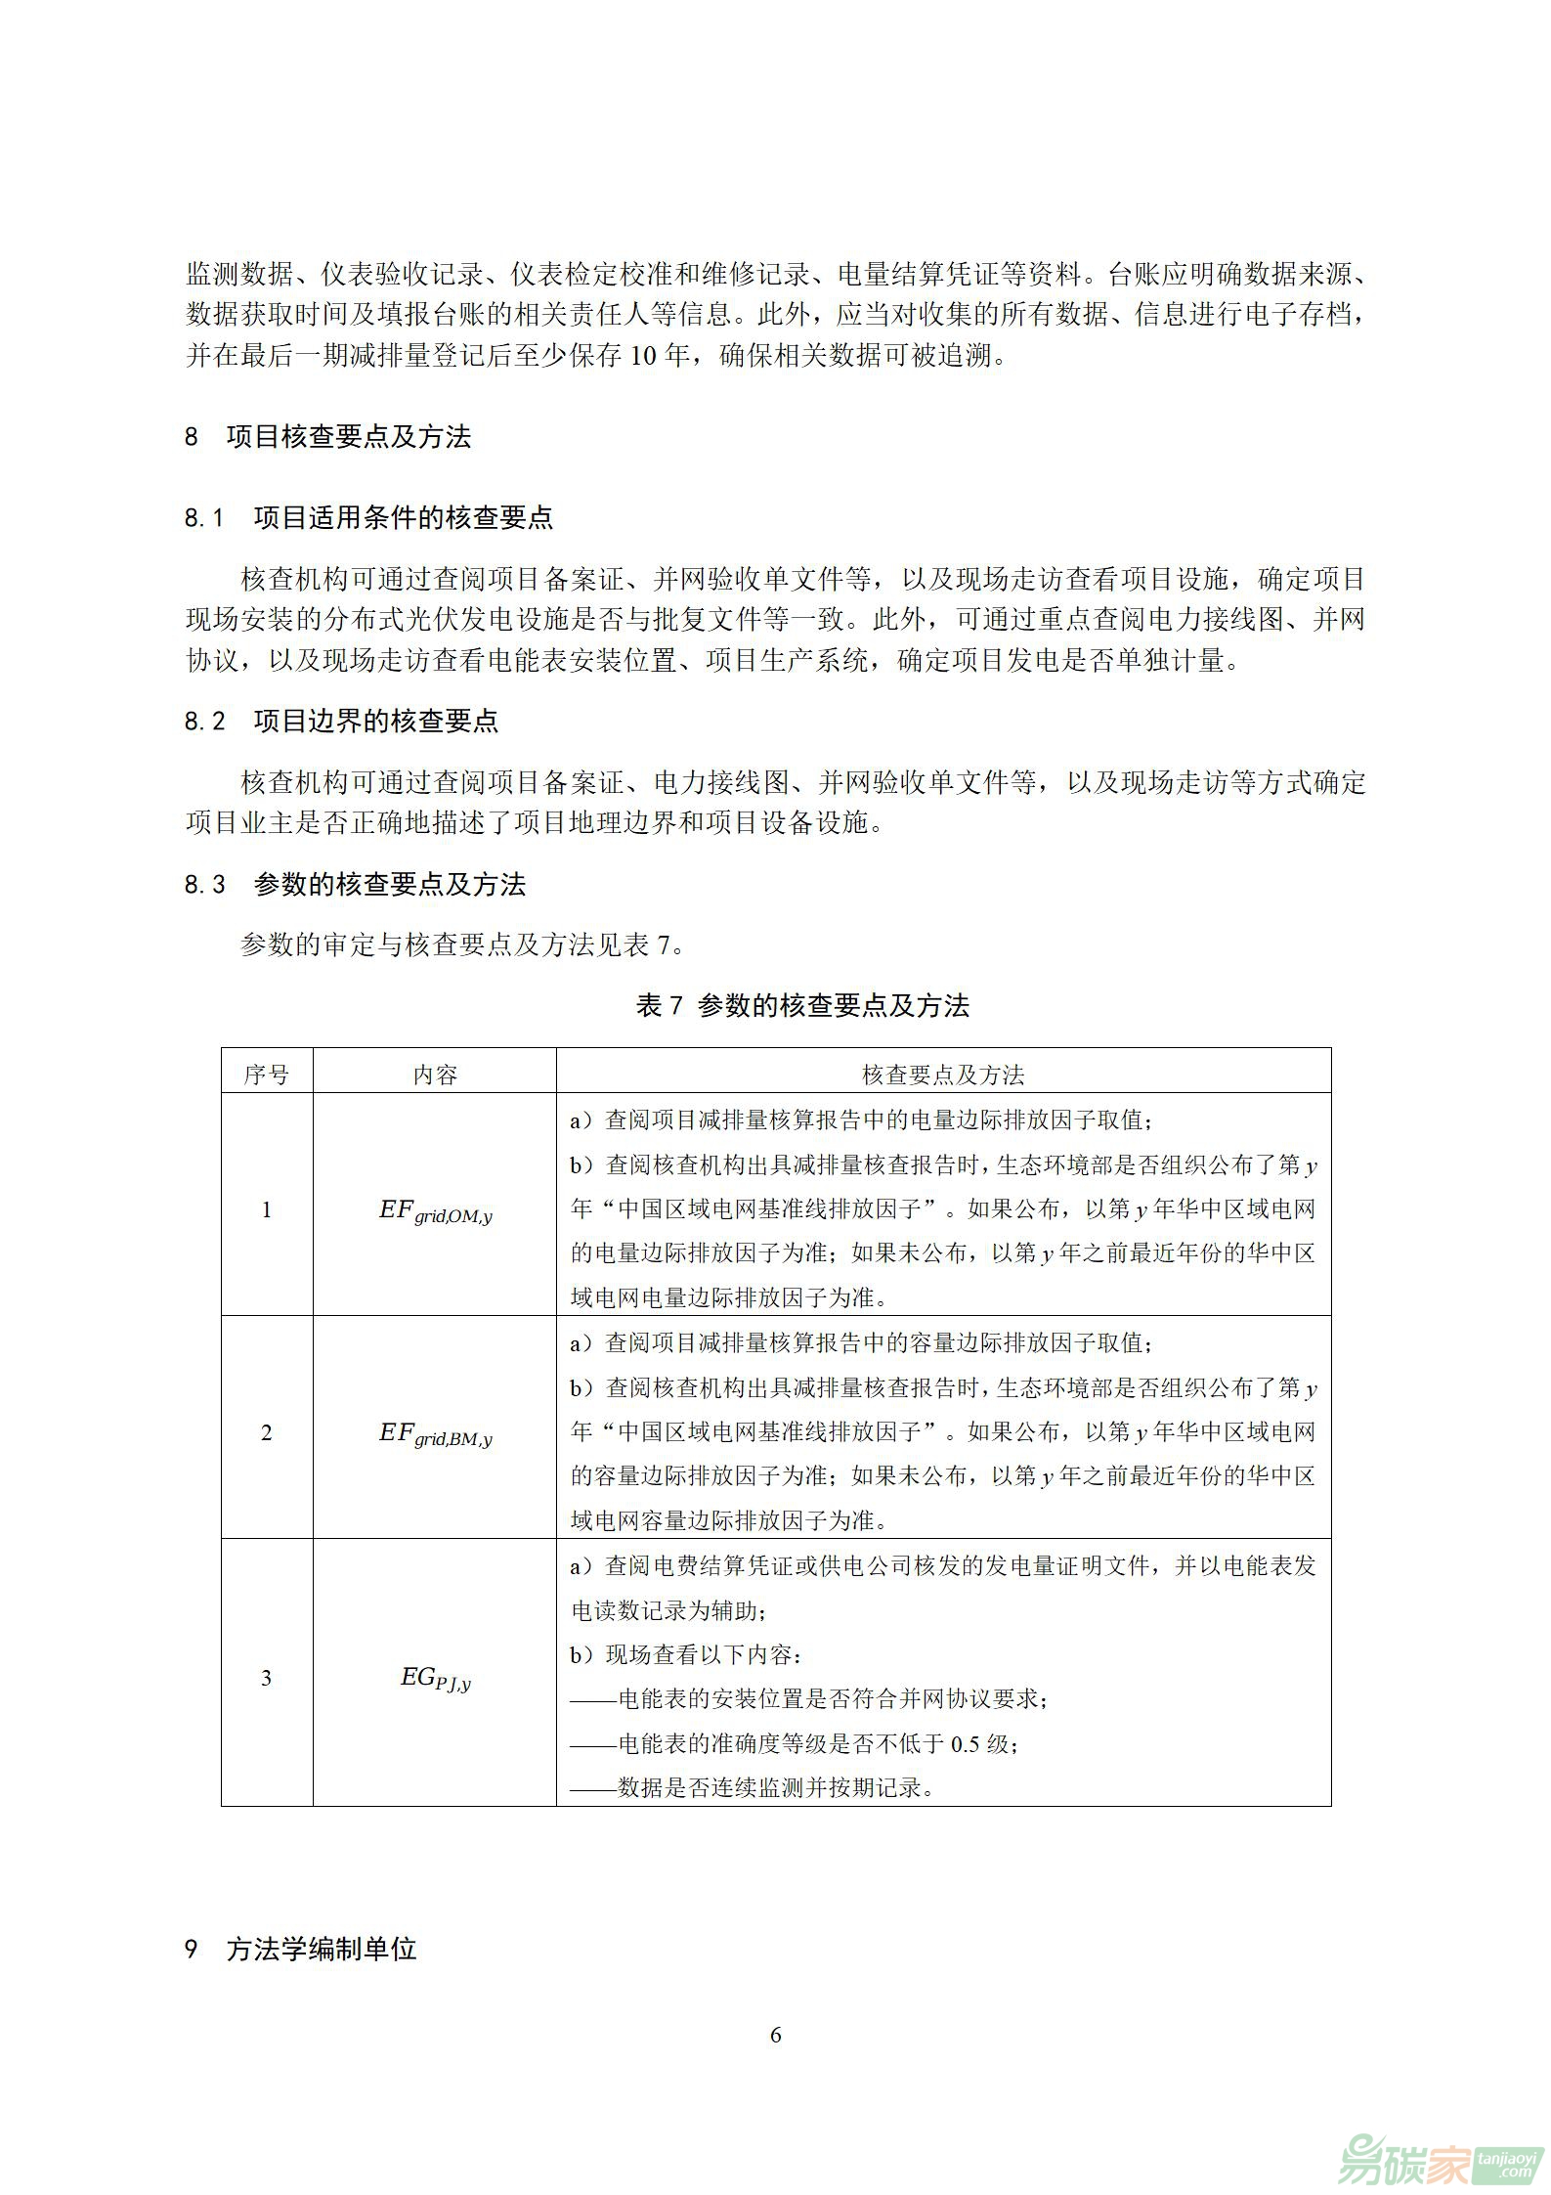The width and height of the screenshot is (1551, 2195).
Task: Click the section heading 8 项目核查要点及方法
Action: coord(328,436)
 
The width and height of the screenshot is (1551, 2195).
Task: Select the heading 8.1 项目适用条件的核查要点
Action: coord(369,517)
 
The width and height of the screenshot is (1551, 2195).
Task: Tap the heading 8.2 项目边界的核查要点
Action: coord(342,722)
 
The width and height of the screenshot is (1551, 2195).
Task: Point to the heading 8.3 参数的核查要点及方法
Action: coord(356,885)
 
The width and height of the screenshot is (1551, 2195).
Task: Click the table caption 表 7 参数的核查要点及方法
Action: coord(802,1005)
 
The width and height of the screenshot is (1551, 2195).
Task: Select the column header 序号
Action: coord(267,1075)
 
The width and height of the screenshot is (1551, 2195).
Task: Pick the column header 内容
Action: coord(435,1075)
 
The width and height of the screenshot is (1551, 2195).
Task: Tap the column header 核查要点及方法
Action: coord(943,1075)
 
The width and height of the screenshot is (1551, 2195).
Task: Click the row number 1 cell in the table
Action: coord(267,1209)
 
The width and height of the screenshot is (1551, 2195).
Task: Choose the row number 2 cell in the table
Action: coord(267,1432)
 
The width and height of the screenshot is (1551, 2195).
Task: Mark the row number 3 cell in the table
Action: coord(267,1679)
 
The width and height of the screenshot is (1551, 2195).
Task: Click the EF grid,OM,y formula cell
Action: coord(436,1211)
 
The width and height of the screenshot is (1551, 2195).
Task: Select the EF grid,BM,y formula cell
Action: coord(436,1434)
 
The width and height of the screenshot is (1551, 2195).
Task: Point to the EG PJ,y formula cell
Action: coord(436,1679)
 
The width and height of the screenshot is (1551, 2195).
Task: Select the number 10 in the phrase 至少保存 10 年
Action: coord(643,356)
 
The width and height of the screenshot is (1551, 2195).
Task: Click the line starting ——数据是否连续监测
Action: coord(753,1787)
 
